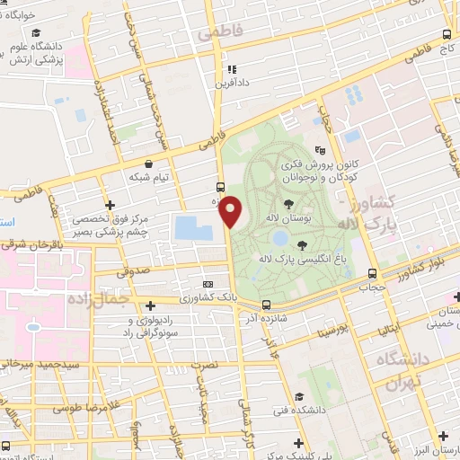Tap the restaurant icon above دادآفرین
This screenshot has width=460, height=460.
pyautogui.click(x=231, y=68)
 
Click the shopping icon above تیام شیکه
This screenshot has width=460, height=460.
pyautogui.click(x=148, y=164)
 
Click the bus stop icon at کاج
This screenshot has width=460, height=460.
pyautogui.click(x=447, y=35)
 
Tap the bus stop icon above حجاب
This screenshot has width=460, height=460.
pyautogui.click(x=372, y=273)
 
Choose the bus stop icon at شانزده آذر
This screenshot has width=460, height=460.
pyautogui.click(x=266, y=305)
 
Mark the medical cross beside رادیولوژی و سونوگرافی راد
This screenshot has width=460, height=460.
pyautogui.click(x=150, y=305)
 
